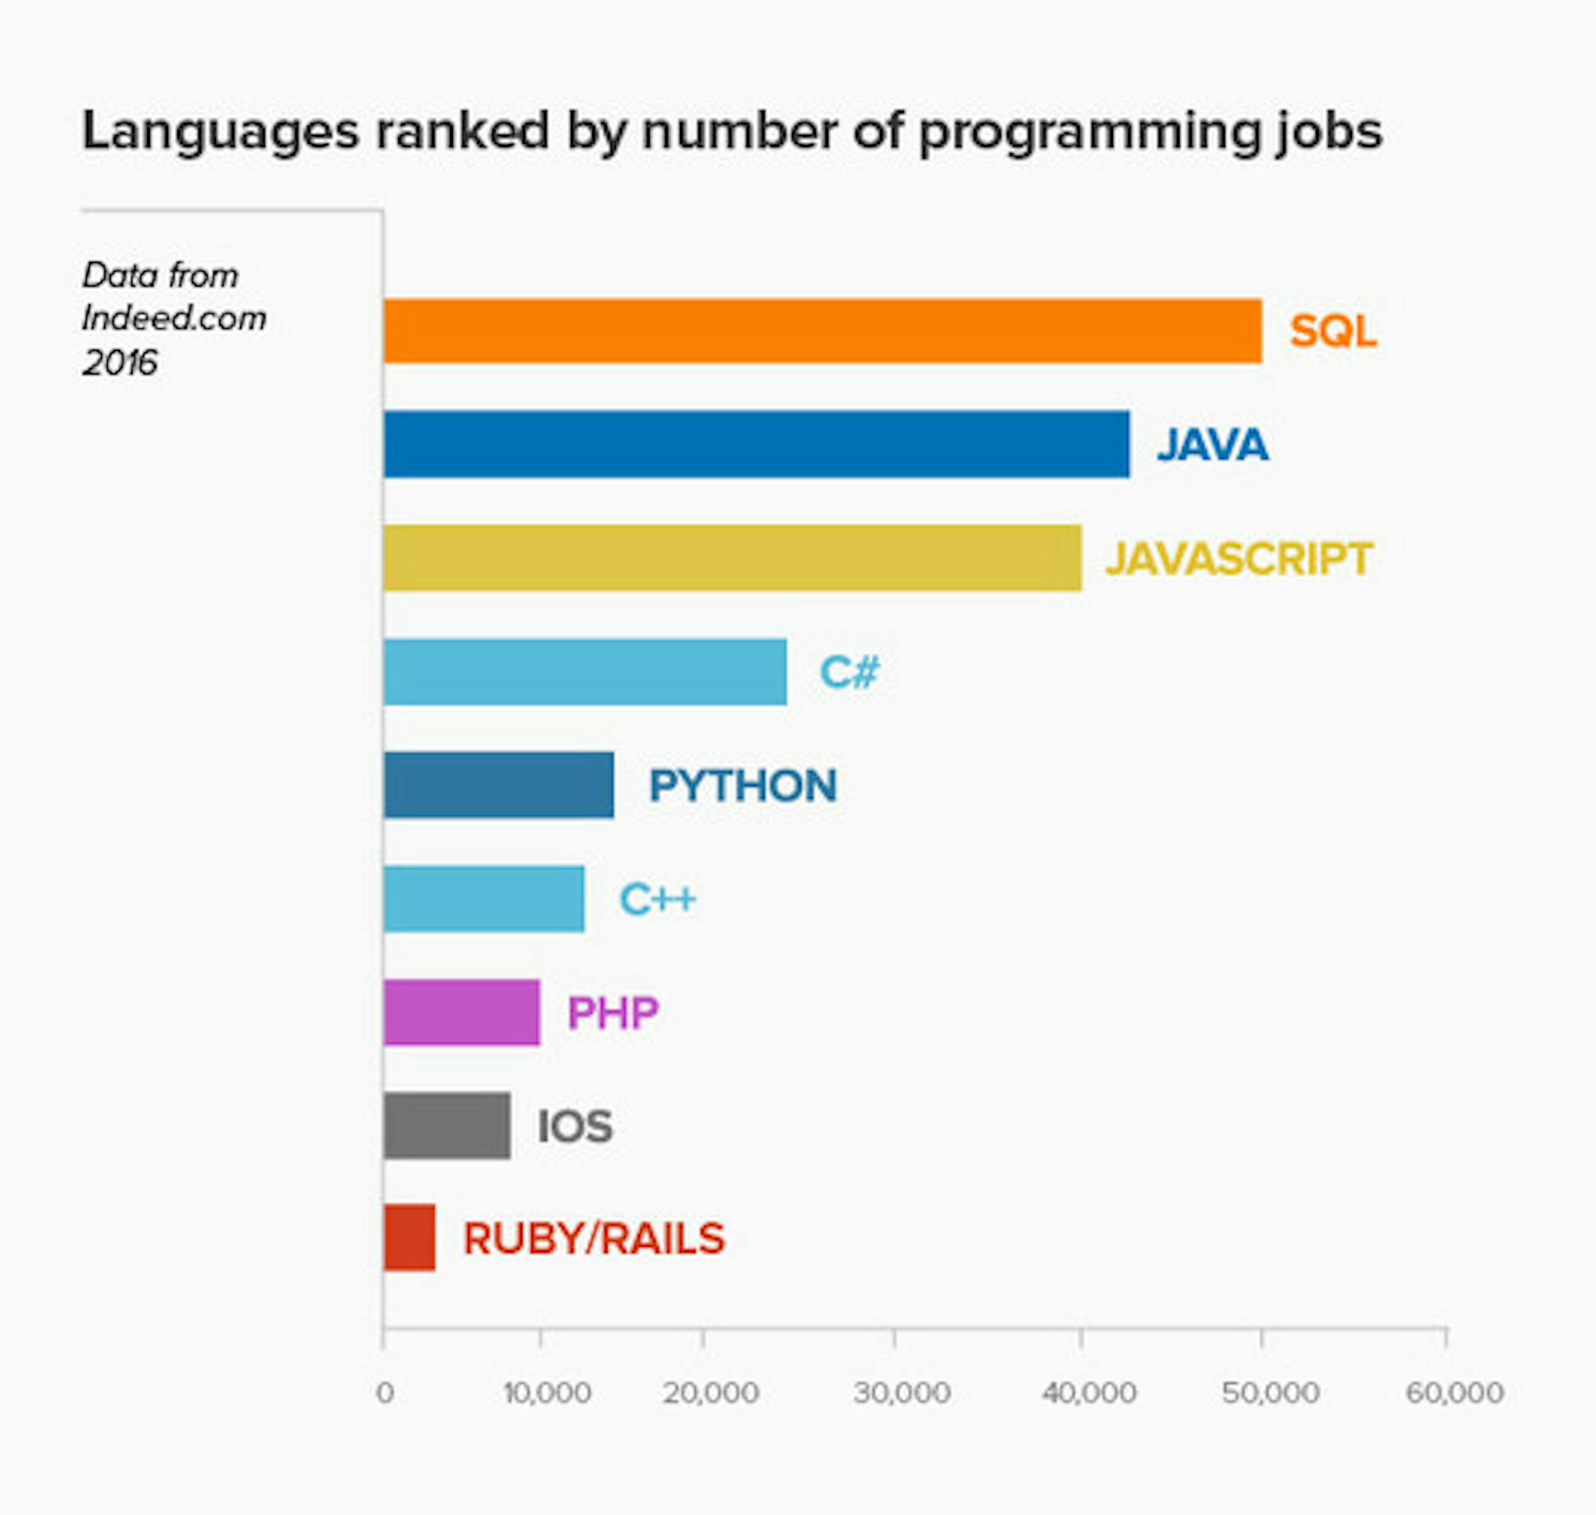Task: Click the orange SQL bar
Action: pyautogui.click(x=822, y=331)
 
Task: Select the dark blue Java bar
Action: pyautogui.click(x=756, y=444)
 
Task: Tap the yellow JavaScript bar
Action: pyautogui.click(x=732, y=558)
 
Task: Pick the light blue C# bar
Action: pyautogui.click(x=584, y=672)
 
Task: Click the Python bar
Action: pyautogui.click(x=498, y=785)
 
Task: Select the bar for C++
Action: pyautogui.click(x=483, y=899)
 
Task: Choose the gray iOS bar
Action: pyautogui.click(x=446, y=1126)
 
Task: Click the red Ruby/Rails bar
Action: pyautogui.click(x=409, y=1238)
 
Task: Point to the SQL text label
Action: pyautogui.click(x=1333, y=331)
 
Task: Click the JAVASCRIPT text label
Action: pyautogui.click(x=1238, y=559)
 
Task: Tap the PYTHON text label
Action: pyautogui.click(x=743, y=786)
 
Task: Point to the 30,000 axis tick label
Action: pyautogui.click(x=901, y=1393)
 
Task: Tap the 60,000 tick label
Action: pyautogui.click(x=1454, y=1393)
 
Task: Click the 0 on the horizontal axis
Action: pyautogui.click(x=385, y=1393)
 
